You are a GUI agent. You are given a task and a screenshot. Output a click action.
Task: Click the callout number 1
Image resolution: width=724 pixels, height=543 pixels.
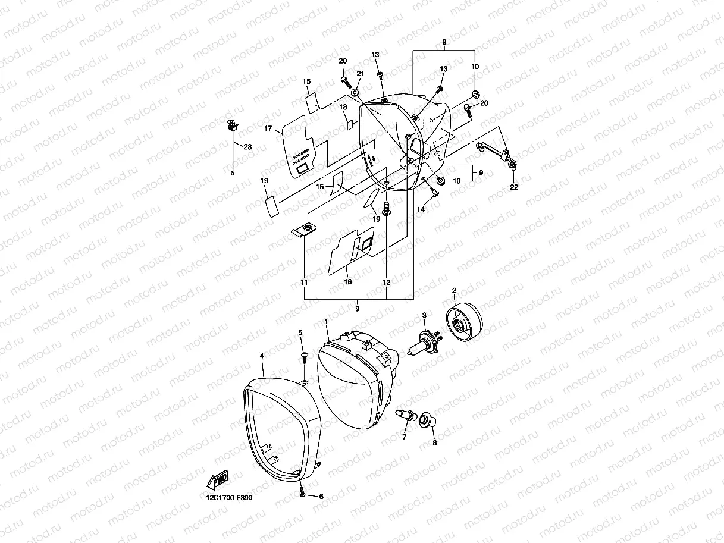pos(327,321)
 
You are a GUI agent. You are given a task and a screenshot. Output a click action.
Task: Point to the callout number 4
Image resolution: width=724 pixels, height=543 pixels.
pos(262,356)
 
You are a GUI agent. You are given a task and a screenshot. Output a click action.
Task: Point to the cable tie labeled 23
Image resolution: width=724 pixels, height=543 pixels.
pos(231,145)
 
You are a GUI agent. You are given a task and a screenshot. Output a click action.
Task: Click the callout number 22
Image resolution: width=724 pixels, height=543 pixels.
pos(514,187)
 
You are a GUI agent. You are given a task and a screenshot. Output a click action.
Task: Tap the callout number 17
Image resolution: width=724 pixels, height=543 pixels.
pos(268,128)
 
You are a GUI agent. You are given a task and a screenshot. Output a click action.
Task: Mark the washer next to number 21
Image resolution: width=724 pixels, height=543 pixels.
pos(355,93)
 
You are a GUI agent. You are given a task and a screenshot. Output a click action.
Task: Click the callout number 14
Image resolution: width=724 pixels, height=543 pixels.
pos(421,209)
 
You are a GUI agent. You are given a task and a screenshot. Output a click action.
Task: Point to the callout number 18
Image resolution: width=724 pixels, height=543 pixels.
pos(343,107)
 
